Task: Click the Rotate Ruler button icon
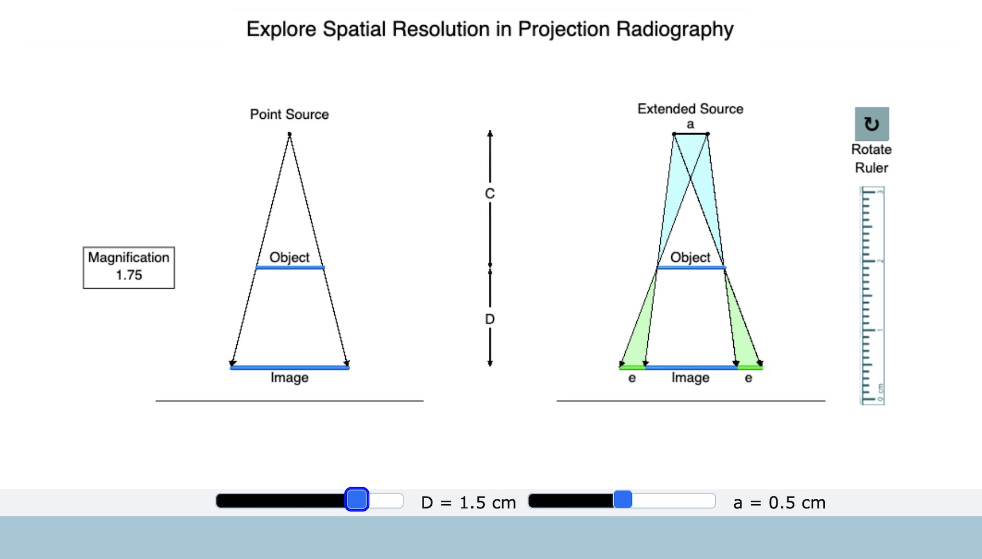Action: tap(872, 124)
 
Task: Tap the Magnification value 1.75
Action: tap(129, 275)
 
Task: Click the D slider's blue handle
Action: tap(357, 499)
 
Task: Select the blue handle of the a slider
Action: tap(623, 499)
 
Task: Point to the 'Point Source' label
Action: tap(289, 114)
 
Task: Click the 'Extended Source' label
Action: tap(690, 109)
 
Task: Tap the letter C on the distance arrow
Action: tap(490, 193)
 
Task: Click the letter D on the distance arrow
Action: tap(490, 319)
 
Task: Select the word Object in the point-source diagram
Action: tap(289, 257)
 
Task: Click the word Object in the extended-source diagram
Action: tap(690, 257)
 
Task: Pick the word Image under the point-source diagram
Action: tap(289, 378)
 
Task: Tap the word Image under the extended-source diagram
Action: tap(690, 378)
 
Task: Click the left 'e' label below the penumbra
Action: tap(632, 378)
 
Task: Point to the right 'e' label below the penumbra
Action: tap(749, 378)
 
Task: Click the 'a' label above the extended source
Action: tap(690, 124)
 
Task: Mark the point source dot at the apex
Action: tap(289, 134)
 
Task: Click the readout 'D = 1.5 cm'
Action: tap(469, 503)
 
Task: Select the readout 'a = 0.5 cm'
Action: tap(779, 503)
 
